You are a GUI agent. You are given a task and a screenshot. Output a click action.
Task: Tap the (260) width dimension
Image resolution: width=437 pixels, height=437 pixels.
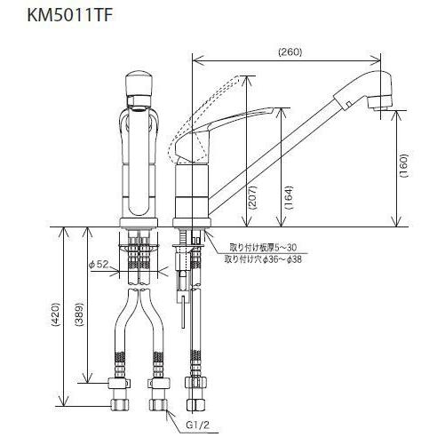click(x=290, y=51)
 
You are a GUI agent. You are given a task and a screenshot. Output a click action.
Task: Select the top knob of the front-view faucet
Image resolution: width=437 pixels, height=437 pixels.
click(x=139, y=85)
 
